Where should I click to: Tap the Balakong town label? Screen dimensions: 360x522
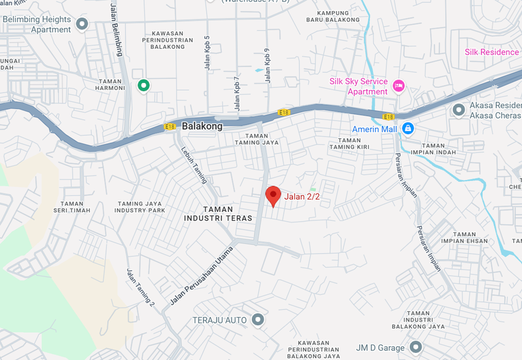[x=202, y=126]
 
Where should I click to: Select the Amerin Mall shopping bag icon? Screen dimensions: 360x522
[x=408, y=128]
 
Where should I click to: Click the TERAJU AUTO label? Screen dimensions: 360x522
[x=219, y=320]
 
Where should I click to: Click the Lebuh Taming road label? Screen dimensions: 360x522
[x=194, y=162]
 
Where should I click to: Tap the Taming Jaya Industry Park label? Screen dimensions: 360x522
[x=140, y=207]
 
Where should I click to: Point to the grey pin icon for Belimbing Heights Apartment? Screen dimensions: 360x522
[x=82, y=24]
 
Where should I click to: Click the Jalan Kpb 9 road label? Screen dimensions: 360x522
[x=267, y=65]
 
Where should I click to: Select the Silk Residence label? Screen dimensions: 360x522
[x=491, y=52]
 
